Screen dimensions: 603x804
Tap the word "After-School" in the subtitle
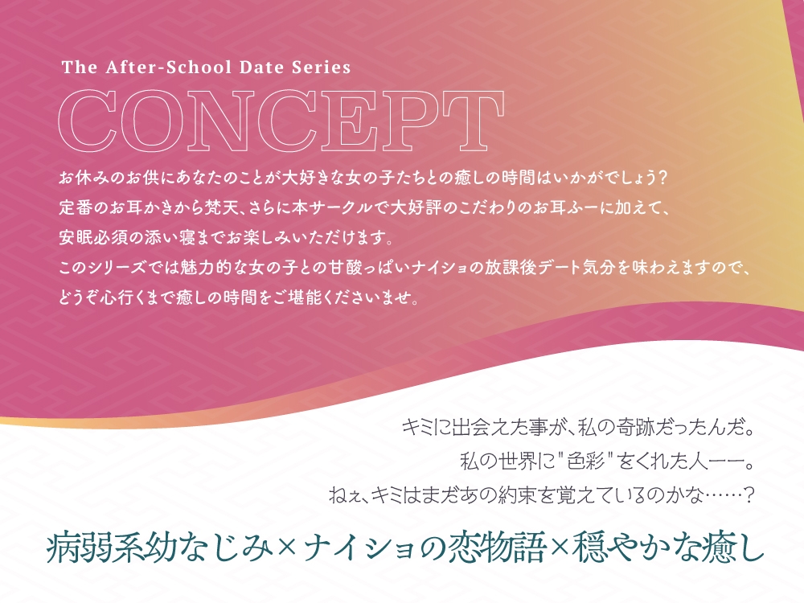coord(159,68)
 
